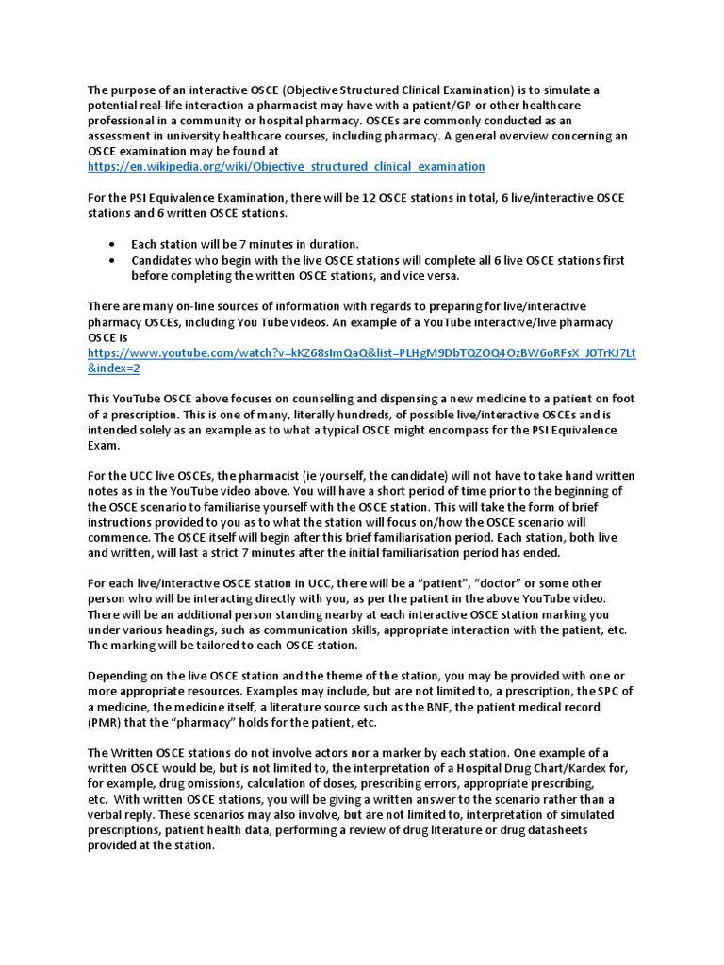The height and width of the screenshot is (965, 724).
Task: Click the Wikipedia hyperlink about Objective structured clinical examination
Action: pyautogui.click(x=286, y=167)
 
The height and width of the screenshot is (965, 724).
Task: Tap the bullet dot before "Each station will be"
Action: pyautogui.click(x=113, y=244)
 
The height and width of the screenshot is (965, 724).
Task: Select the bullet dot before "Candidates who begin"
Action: pyautogui.click(x=113, y=260)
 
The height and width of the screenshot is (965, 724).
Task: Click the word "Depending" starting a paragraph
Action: pyautogui.click(x=120, y=677)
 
